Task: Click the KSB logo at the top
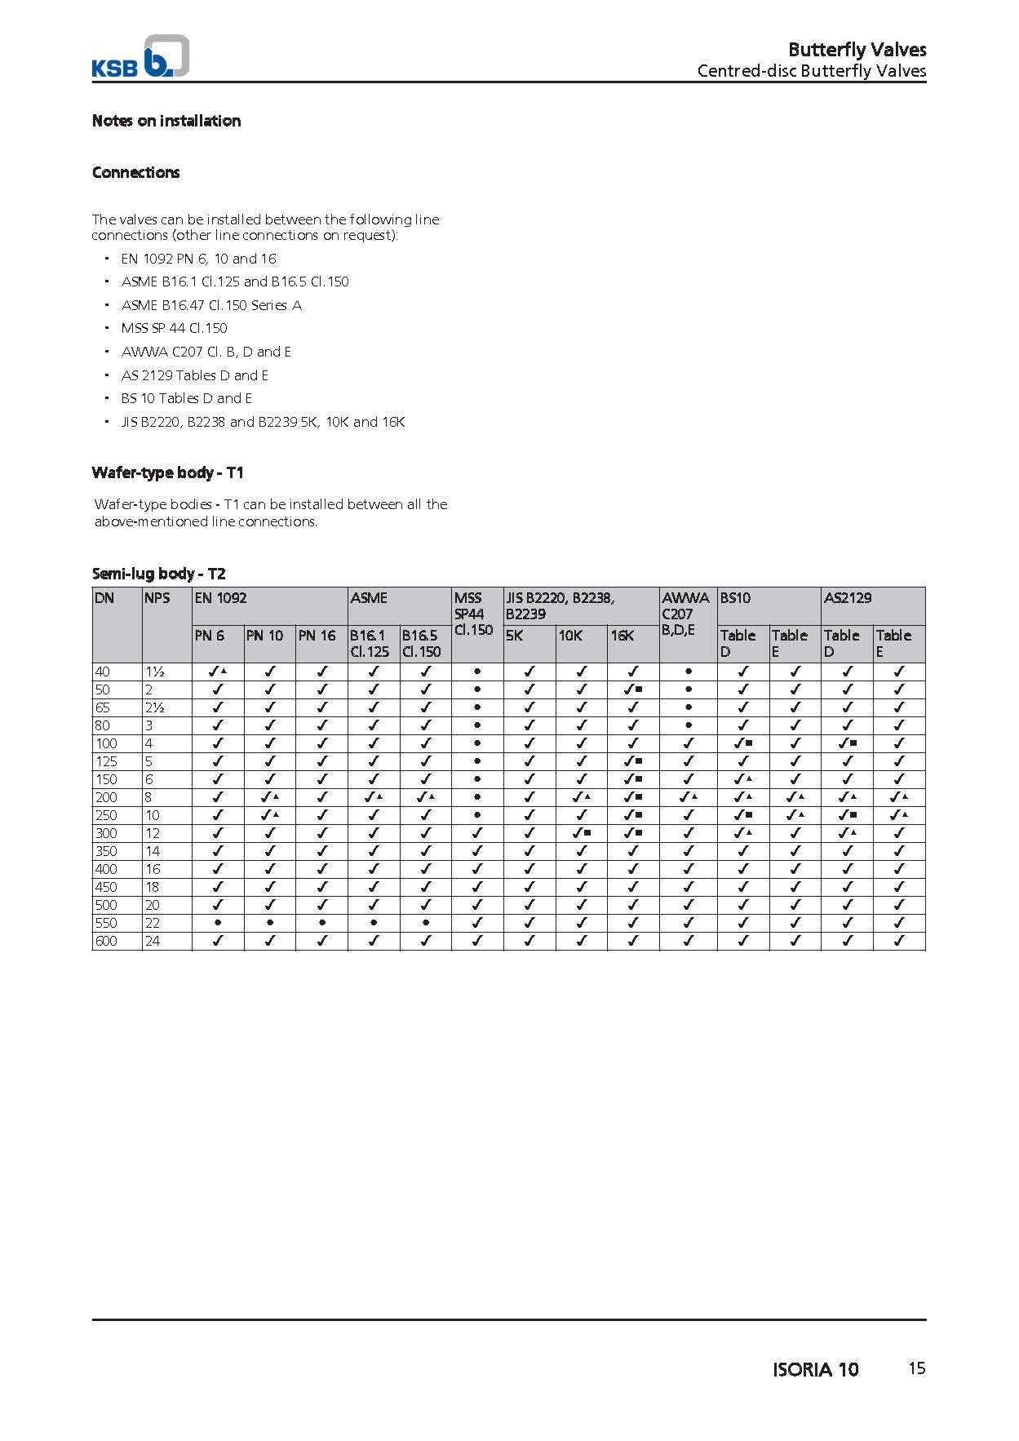[140, 57]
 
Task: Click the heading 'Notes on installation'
[166, 121]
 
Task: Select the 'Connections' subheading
[135, 172]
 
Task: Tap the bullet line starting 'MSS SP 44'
[174, 328]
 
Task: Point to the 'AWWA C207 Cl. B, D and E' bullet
[206, 352]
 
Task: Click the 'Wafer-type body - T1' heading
[167, 472]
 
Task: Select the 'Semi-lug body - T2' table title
[158, 573]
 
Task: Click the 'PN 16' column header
[317, 635]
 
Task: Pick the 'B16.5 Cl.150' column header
[421, 643]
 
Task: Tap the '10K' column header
[570, 635]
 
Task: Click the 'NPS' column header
[157, 597]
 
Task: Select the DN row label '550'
[106, 923]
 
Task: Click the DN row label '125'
[106, 761]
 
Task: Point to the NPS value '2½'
[155, 707]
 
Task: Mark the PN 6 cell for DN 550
[217, 923]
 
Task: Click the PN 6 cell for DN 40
[217, 672]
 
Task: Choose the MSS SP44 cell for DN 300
[477, 833]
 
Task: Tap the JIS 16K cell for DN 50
[633, 689]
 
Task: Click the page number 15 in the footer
[917, 1368]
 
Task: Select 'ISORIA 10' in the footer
[815, 1369]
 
